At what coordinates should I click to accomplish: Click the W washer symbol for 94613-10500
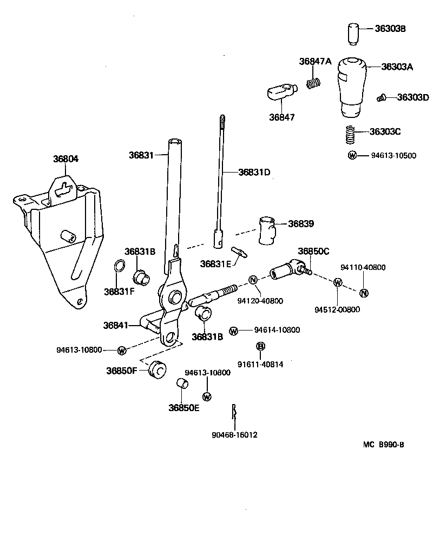click(352, 155)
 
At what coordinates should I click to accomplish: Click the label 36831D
click(254, 173)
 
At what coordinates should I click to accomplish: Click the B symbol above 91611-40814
click(260, 346)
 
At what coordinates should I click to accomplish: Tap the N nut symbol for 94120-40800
click(253, 280)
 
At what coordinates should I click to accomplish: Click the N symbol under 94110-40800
click(364, 293)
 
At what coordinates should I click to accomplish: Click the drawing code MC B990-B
click(383, 445)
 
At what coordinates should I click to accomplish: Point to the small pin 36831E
click(239, 252)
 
